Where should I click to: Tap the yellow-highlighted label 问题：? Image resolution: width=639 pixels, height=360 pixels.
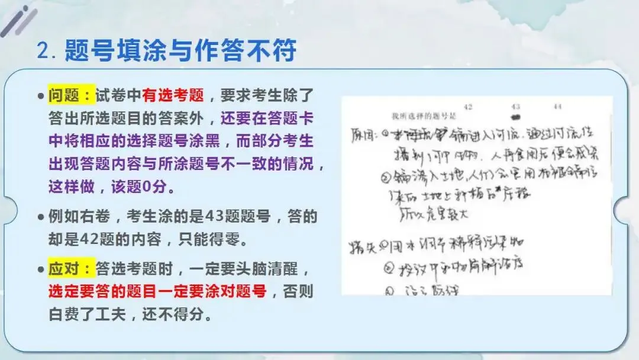pyautogui.click(x=71, y=95)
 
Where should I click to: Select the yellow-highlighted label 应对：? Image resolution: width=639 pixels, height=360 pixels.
pyautogui.click(x=71, y=270)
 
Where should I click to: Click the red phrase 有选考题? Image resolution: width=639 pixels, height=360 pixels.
pyautogui.click(x=173, y=95)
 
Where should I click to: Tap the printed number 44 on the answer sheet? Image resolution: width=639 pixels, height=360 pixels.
pyautogui.click(x=557, y=107)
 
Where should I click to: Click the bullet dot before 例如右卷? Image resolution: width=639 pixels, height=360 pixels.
pyautogui.click(x=40, y=217)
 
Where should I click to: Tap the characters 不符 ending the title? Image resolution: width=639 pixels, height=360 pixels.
pyautogui.click(x=277, y=52)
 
